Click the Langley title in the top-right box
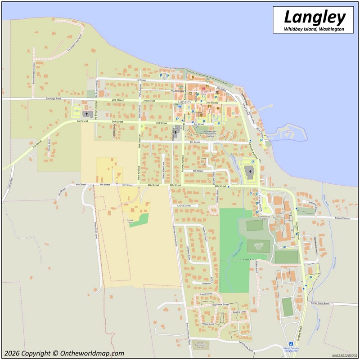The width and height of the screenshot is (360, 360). pyautogui.click(x=315, y=18)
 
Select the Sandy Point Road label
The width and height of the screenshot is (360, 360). pyautogui.click(x=320, y=303)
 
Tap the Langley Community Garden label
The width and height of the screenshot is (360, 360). pyautogui.click(x=201, y=346)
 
